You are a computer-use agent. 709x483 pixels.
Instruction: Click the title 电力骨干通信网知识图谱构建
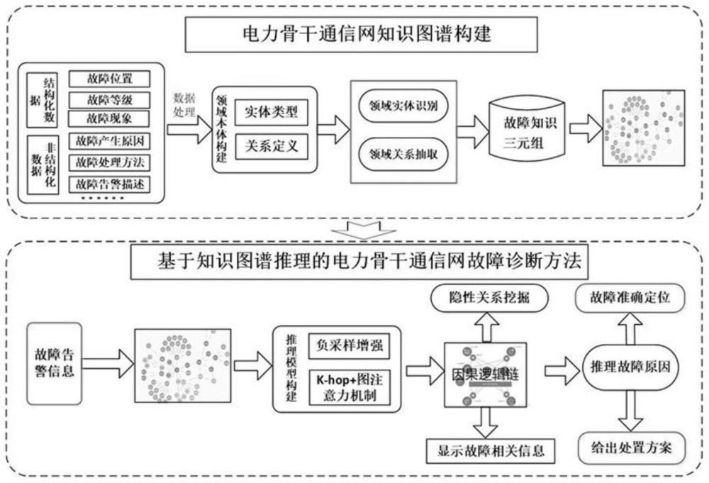point(354,33)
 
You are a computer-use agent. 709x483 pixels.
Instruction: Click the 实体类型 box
point(271,113)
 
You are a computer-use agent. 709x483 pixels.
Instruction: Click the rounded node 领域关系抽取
point(403,153)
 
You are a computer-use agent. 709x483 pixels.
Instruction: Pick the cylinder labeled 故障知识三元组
point(526,130)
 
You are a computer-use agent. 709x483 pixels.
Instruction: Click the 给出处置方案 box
point(631,448)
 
